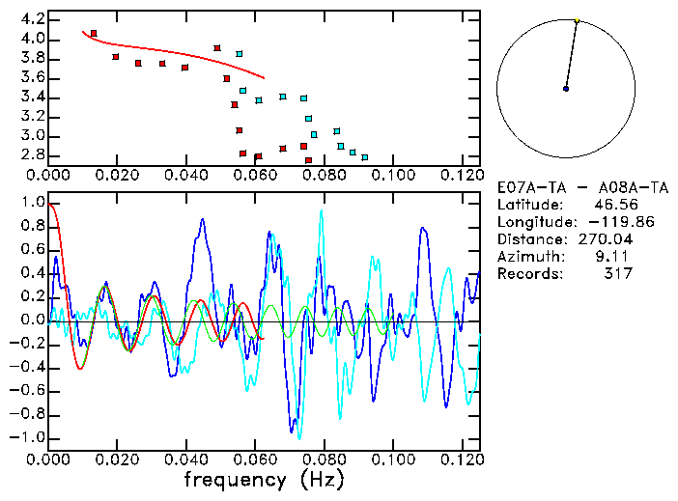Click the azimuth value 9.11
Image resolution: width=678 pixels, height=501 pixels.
(x=616, y=257)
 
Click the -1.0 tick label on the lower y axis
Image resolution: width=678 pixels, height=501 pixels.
(x=28, y=437)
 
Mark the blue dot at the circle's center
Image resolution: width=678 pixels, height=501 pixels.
(x=566, y=89)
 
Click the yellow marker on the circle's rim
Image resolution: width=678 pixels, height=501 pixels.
(x=577, y=20)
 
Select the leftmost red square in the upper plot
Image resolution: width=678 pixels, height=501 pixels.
(x=93, y=33)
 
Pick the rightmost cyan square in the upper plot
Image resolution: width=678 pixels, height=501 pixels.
(x=364, y=156)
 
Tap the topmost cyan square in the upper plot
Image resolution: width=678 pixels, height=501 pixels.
(x=240, y=54)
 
